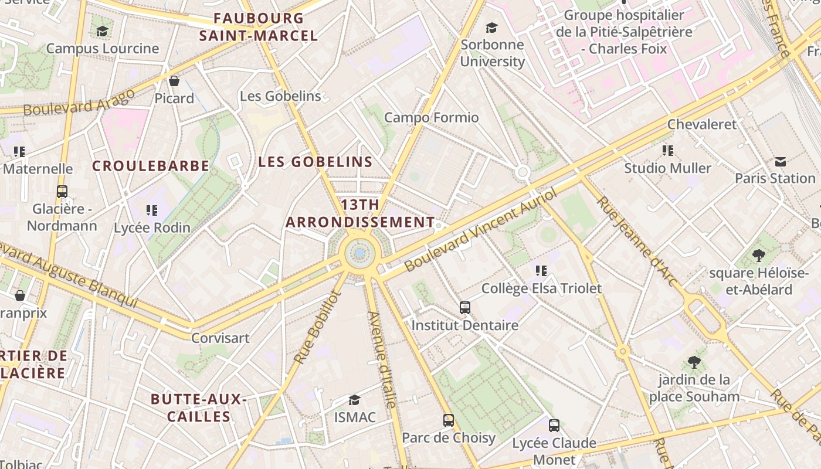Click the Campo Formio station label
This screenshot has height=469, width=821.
pyautogui.click(x=431, y=118)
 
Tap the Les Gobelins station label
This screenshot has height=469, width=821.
pyautogui.click(x=280, y=96)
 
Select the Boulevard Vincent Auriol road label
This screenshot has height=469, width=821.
pyautogui.click(x=480, y=230)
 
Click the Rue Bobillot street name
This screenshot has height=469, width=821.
pyautogui.click(x=317, y=327)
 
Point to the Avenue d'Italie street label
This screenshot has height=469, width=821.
pyautogui.click(x=382, y=359)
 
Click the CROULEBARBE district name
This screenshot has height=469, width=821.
pyautogui.click(x=151, y=166)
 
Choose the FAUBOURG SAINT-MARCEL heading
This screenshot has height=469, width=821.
pyautogui.click(x=259, y=27)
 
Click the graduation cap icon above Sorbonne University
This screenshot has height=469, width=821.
pyautogui.click(x=491, y=28)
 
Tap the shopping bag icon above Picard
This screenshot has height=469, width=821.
pyautogui.click(x=174, y=81)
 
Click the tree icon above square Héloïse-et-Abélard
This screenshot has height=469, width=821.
pyautogui.click(x=758, y=256)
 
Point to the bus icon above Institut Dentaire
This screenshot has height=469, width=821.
pyautogui.click(x=465, y=307)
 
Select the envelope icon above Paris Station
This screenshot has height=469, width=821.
pyautogui.click(x=781, y=161)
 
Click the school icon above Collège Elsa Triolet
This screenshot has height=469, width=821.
pyautogui.click(x=541, y=271)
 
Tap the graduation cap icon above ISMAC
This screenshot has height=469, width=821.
pyautogui.click(x=354, y=400)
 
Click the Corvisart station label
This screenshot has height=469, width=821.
pyautogui.click(x=220, y=338)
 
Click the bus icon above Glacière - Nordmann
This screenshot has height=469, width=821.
pyautogui.click(x=62, y=192)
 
